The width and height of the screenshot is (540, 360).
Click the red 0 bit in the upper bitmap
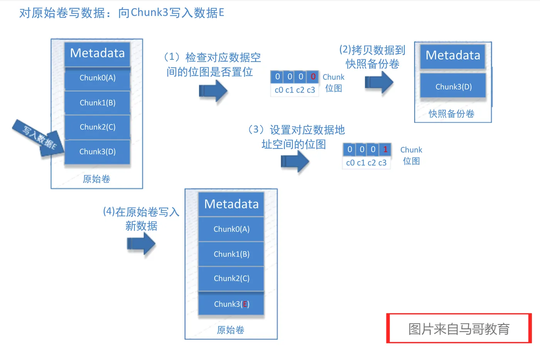313,77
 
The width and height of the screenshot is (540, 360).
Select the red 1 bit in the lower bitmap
385,149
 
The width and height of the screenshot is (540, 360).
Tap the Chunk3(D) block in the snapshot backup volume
453,87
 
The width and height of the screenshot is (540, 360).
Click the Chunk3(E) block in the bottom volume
231,304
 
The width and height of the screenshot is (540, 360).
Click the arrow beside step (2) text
379,82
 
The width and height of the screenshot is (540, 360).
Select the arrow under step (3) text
295,161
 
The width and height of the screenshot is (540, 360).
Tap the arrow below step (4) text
141,244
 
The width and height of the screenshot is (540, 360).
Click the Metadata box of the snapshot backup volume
453,56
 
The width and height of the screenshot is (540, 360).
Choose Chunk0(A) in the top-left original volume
98,78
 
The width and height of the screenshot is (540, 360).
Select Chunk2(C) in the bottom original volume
231,278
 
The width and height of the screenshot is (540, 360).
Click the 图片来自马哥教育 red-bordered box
459,329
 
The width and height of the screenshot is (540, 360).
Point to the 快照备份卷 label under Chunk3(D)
451,114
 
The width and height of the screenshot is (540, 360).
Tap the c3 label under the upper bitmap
311,90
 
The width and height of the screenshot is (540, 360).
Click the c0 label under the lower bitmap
350,163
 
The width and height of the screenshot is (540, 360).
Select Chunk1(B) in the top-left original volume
98,103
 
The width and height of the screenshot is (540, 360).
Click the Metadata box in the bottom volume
231,204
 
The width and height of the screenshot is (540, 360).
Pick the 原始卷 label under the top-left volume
96,179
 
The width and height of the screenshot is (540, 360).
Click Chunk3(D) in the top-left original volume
98,151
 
